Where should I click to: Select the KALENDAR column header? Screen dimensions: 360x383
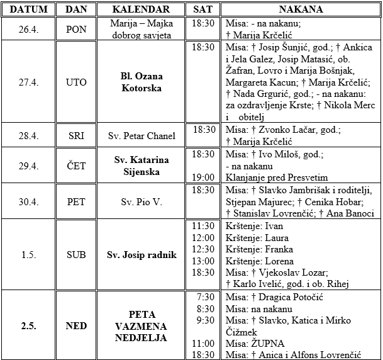pyautogui.click(x=142, y=9)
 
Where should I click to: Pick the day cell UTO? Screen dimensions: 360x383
pyautogui.click(x=76, y=82)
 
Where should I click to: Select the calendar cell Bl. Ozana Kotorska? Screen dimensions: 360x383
pyautogui.click(x=142, y=82)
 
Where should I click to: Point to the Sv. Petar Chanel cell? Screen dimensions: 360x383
pyautogui.click(x=142, y=135)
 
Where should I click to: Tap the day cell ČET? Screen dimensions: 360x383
pyautogui.click(x=76, y=166)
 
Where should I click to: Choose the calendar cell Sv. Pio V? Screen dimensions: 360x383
pyautogui.click(x=142, y=202)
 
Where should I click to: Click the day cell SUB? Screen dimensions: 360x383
pyautogui.click(x=76, y=255)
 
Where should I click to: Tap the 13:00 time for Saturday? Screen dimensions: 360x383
pyautogui.click(x=203, y=261)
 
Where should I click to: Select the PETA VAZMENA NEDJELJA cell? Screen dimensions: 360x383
pyautogui.click(x=142, y=325)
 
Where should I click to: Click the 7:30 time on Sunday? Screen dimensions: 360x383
pyautogui.click(x=206, y=296)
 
